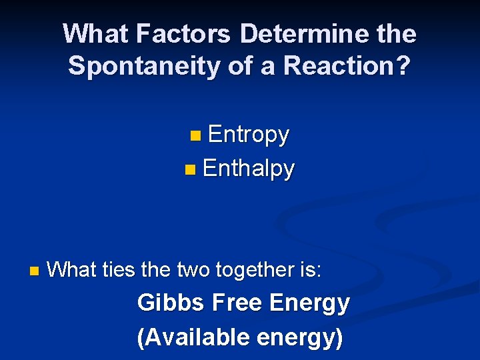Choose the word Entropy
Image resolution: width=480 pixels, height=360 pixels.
[x=248, y=135]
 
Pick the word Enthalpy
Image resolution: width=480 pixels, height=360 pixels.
[x=248, y=168]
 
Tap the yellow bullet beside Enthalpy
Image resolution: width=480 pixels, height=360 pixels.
[x=190, y=169]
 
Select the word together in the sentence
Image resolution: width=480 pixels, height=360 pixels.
[x=255, y=270]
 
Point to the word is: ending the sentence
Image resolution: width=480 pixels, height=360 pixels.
[x=311, y=270]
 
